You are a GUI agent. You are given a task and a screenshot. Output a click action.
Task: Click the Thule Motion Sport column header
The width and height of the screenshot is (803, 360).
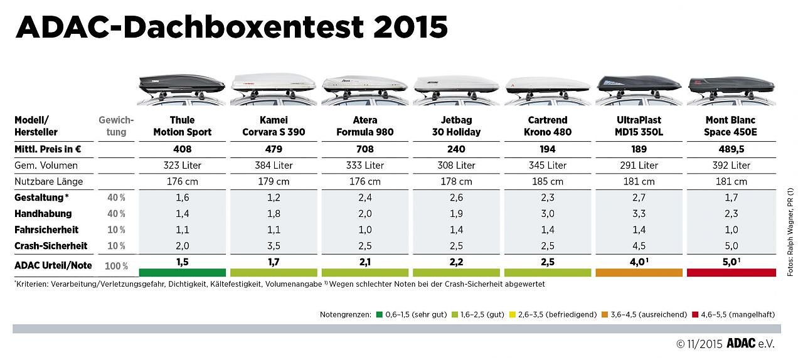(182, 125)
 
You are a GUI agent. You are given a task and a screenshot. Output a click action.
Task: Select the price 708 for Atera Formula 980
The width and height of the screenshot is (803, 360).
(364, 149)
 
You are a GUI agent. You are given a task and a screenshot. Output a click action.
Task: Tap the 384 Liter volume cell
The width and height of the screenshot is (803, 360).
(274, 166)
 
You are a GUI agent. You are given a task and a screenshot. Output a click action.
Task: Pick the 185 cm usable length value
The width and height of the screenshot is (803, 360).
(548, 182)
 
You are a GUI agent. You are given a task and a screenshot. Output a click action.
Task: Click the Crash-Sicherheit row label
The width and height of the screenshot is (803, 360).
(51, 246)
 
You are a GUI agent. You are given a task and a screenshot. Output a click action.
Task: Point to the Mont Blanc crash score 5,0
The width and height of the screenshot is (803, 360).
(731, 246)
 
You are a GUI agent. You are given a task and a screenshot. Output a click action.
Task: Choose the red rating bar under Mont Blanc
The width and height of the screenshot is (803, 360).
(731, 273)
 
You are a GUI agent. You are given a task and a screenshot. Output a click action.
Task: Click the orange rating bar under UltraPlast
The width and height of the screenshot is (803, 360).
(639, 273)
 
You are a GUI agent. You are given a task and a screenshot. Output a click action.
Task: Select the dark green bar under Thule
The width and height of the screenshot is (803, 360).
(182, 273)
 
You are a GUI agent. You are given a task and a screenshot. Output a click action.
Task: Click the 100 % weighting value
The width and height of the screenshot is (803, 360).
(116, 266)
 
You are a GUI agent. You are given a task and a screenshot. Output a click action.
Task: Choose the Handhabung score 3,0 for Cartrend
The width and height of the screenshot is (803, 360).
(548, 214)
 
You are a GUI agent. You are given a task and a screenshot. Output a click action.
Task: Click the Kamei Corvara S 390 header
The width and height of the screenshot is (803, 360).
(274, 125)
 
